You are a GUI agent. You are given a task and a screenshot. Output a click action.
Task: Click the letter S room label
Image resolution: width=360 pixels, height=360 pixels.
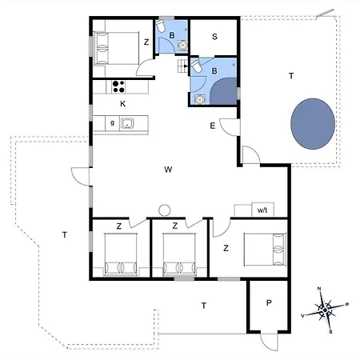point(215,36)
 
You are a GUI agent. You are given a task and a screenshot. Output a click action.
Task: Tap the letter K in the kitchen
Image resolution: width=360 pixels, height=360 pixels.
point(123,104)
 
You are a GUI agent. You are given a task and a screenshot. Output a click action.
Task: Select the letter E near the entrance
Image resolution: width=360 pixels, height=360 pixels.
point(213,126)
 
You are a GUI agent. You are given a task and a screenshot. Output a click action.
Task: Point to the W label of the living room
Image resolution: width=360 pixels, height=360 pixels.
point(168,170)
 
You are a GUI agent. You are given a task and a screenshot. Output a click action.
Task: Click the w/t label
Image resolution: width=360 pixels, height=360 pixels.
point(262,210)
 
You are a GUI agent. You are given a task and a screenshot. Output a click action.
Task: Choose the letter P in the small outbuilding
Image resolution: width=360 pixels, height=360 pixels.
point(269,303)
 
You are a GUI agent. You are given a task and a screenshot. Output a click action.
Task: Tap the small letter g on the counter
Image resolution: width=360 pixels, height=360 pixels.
point(113,124)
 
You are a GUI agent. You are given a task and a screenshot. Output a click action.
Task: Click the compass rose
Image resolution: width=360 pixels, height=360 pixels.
point(324,307)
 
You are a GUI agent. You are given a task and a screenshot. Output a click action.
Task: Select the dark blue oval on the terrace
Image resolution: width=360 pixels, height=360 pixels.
point(312,122)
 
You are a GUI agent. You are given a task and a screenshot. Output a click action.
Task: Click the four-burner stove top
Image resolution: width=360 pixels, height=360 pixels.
point(120,86)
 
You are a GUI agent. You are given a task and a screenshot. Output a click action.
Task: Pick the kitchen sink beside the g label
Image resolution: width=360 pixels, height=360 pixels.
point(127,124)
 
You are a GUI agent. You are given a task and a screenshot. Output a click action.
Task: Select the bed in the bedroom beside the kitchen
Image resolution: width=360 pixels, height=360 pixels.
point(113,47)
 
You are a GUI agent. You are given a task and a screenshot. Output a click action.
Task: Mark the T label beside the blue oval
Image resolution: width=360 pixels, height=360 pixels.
point(291,76)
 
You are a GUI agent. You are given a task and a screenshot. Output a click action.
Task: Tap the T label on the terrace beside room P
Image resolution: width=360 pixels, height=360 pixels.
point(204,305)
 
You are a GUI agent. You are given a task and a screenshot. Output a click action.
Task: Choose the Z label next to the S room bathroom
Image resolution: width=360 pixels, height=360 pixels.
point(146,42)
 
